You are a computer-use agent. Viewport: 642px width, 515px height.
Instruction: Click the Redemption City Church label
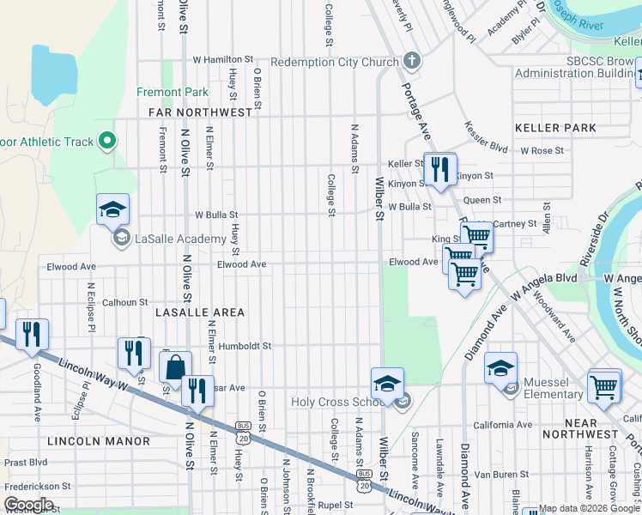coord(335,62)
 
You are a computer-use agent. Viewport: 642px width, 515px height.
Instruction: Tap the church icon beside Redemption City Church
coord(411,61)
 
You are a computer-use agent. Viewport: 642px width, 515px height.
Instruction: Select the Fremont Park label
coord(172,92)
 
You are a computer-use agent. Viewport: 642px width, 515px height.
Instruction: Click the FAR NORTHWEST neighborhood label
coord(201,112)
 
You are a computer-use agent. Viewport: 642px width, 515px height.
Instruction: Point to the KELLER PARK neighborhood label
coord(555,128)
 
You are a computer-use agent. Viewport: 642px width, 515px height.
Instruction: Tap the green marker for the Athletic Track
coord(107,140)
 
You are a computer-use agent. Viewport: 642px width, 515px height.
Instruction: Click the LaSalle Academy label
coord(168,239)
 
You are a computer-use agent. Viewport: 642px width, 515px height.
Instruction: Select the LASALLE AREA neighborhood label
coord(200,313)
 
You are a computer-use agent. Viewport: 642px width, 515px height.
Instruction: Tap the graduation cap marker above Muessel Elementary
coord(500,368)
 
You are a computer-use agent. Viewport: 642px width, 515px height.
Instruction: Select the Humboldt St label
coord(245,347)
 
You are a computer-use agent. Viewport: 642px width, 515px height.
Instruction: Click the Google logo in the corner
coord(28,505)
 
